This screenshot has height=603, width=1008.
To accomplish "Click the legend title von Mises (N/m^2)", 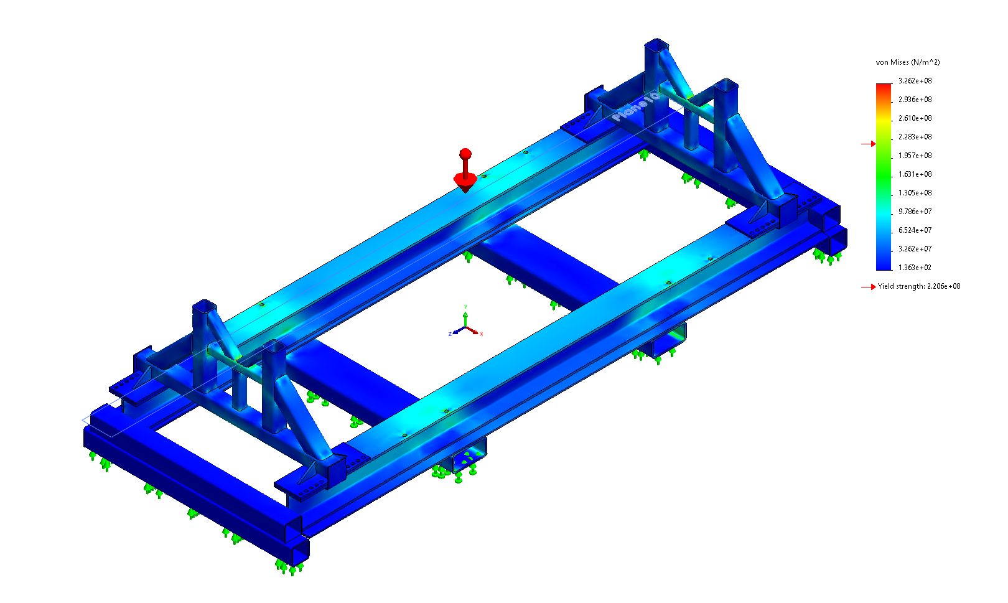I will [907, 62].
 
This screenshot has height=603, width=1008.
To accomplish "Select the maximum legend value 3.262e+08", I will [915, 81].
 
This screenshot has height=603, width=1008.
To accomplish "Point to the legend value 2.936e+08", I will [915, 100].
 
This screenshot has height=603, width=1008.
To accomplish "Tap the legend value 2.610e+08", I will [915, 118].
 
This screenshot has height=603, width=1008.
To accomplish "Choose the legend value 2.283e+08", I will [915, 137].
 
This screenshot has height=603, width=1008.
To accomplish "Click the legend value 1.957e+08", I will [915, 156].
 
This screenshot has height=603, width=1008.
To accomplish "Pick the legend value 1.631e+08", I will [915, 174].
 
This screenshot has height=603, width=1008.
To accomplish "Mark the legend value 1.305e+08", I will [915, 193].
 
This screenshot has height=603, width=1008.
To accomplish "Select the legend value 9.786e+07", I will [915, 212].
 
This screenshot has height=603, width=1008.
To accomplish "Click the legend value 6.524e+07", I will [915, 230].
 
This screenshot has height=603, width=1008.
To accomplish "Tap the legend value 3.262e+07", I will [915, 249].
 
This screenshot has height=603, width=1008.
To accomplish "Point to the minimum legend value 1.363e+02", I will [915, 268].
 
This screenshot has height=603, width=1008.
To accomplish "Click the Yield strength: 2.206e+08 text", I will [918, 286].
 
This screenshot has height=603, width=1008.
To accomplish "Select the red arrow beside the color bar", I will [869, 144].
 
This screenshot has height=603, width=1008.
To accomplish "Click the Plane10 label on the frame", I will [635, 106].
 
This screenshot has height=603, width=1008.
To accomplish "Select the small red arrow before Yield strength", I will [869, 287].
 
